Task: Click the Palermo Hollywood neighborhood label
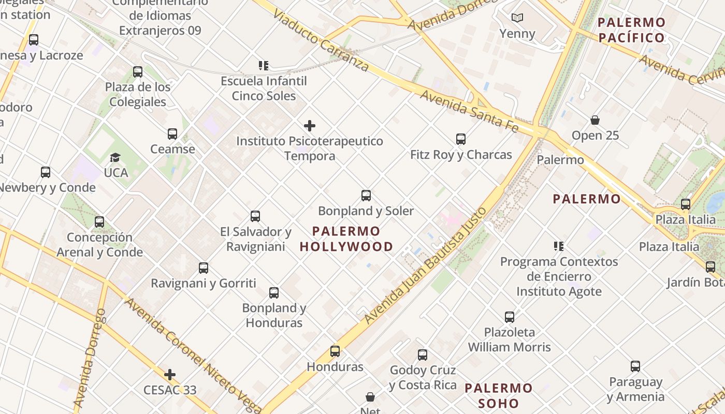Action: (x=346, y=239)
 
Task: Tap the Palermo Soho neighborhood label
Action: (x=498, y=395)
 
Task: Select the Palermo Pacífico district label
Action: (x=631, y=30)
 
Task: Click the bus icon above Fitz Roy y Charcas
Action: (x=461, y=139)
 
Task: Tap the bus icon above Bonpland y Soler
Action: (x=366, y=196)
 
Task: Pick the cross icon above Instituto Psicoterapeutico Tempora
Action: (x=310, y=126)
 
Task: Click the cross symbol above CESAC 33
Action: (x=170, y=375)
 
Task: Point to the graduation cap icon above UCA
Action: (x=115, y=157)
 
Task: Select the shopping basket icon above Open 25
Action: (x=595, y=121)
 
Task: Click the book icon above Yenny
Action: (x=517, y=18)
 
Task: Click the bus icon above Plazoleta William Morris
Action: (x=510, y=317)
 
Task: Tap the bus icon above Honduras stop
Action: (x=335, y=351)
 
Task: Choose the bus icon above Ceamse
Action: (x=172, y=134)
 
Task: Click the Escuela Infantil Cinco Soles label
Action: (x=264, y=88)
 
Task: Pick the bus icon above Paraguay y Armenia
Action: (x=635, y=366)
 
